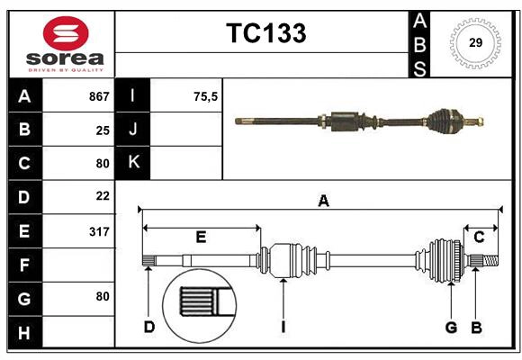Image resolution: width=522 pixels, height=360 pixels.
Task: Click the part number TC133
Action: tap(265, 33)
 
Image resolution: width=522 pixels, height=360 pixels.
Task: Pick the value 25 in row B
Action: tap(103, 130)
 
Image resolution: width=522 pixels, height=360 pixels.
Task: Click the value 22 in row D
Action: tap(103, 195)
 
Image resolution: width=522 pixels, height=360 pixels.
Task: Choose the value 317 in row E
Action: tap(99, 231)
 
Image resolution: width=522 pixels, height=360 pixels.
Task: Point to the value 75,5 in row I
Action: tap(206, 96)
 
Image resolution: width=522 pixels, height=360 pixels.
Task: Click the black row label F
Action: tap(24, 265)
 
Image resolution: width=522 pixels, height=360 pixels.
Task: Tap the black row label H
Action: tap(24, 333)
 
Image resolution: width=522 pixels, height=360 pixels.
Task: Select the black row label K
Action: tap(133, 163)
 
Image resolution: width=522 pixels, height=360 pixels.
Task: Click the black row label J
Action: tap(133, 130)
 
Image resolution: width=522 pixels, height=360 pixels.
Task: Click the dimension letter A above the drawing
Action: tap(323, 202)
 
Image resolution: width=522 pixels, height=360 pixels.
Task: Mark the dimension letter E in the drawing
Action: tap(201, 238)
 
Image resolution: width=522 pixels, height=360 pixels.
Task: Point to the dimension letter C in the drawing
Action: tap(479, 238)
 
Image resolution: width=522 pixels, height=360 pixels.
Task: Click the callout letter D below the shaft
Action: tap(149, 327)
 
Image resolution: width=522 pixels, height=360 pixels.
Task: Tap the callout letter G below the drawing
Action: tap(451, 327)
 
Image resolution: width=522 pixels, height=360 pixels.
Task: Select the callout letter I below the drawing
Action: tap(283, 327)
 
